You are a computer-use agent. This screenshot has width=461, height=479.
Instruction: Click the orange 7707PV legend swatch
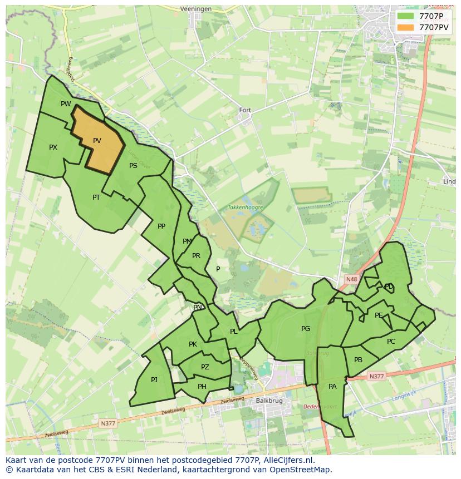pos(405,27)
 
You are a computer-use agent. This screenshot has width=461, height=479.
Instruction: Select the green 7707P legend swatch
pos(405,16)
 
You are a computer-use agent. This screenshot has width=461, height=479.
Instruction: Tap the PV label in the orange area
pos(97,141)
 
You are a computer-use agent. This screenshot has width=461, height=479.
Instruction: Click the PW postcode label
pos(66,104)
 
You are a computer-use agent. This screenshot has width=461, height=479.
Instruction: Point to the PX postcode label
pos(53,147)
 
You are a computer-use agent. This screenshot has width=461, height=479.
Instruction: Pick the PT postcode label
pos(96,197)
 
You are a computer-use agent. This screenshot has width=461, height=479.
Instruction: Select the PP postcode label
pos(161,226)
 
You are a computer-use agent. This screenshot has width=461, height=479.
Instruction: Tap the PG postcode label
pos(306,329)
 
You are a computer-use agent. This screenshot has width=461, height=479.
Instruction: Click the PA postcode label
pos(332,386)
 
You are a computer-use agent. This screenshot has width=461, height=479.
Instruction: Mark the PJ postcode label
pos(154,379)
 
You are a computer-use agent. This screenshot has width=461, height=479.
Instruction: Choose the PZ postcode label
pos(205,367)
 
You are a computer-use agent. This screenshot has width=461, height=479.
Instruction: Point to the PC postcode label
pos(391,341)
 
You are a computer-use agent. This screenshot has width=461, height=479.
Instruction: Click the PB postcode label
pos(358,360)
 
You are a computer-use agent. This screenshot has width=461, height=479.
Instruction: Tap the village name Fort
pos(245,110)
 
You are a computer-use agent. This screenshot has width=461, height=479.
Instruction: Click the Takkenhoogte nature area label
pos(245,207)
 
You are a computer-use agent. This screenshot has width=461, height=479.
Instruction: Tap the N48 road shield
pos(351,279)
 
